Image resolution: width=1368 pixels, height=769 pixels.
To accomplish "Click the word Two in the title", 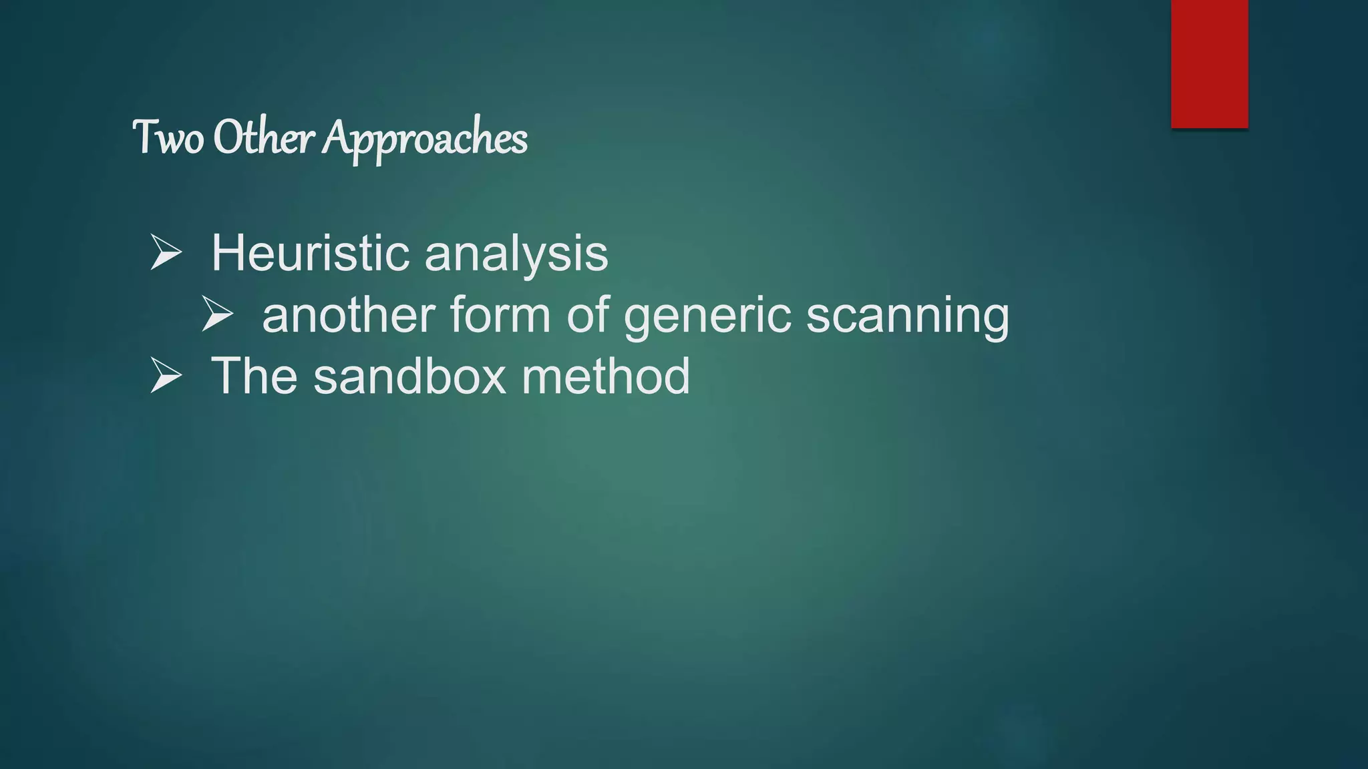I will coord(168,138).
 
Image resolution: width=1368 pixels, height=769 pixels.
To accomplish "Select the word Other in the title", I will coord(263,138).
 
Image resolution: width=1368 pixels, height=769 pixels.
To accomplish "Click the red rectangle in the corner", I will coord(1209,63).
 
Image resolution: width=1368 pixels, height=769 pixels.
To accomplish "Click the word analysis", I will coord(516,255).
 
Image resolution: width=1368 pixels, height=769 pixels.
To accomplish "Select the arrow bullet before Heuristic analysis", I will coord(166,252).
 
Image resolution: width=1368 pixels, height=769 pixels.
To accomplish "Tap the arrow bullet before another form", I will coord(218,314).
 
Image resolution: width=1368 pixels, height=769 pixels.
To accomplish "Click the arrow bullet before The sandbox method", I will coord(166,374).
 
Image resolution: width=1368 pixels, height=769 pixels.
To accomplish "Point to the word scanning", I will coord(908,317).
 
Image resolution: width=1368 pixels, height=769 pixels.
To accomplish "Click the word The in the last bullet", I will coord(254,376).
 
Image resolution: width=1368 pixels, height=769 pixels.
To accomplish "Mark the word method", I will coord(606,376).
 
